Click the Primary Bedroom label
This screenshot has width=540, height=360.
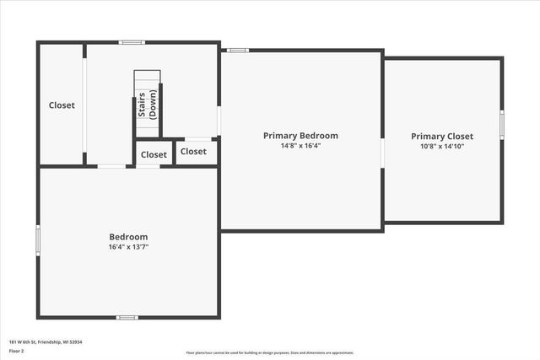click(x=300, y=135)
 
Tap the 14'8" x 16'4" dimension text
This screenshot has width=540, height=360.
click(x=300, y=145)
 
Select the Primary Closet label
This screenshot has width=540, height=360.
click(x=442, y=136)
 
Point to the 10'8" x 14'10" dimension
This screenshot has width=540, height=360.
click(x=442, y=146)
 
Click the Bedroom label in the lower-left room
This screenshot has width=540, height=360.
click(x=128, y=237)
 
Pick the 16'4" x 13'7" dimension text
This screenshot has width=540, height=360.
click(x=128, y=247)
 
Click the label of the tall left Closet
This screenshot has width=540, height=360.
click(x=62, y=105)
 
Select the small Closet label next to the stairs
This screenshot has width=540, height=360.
click(x=154, y=154)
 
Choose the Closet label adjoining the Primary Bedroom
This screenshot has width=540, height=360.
click(x=193, y=152)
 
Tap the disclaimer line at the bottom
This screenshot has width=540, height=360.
click(x=270, y=352)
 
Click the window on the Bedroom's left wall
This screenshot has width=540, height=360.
click(x=38, y=239)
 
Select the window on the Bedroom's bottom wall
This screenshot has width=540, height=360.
click(x=127, y=317)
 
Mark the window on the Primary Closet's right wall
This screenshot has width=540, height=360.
click(x=501, y=124)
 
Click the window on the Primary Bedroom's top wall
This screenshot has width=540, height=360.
click(x=238, y=51)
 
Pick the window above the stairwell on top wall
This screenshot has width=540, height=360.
click(x=131, y=42)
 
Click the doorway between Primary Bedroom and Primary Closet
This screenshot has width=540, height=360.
click(x=383, y=153)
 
